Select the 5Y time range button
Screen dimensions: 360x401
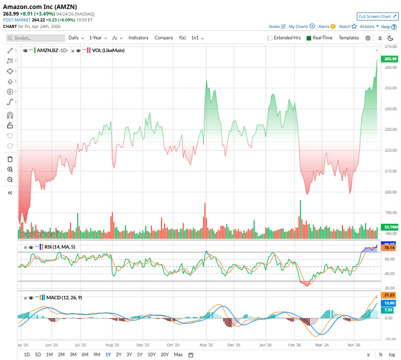coord(140,354)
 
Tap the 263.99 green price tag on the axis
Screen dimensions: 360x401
coord(390,59)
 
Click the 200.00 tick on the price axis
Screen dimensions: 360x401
coord(391,192)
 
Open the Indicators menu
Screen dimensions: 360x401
coord(138,38)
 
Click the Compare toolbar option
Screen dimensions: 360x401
coord(164,38)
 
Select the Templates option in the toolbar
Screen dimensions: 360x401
coord(349,38)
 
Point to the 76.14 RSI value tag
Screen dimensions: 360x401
coord(390,248)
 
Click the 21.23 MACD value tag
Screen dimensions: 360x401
coord(390,295)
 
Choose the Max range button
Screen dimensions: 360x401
coord(178,354)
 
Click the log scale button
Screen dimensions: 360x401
coord(391,354)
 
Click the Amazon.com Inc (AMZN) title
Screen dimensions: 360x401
coord(40,6)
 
